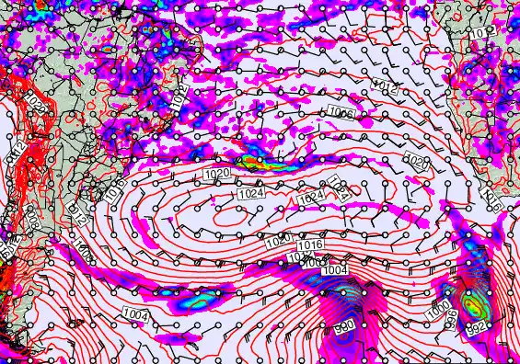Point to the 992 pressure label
pyautogui.click(x=475, y=326)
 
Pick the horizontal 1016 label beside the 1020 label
pyautogui.click(x=310, y=245)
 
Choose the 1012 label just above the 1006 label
pyautogui.click(x=387, y=87)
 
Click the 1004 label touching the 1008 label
pyautogui.click(x=336, y=268)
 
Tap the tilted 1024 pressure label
pyautogui.click(x=338, y=189)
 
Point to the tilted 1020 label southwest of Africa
pyautogui.click(x=416, y=164)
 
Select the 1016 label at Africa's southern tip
pyautogui.click(x=491, y=198)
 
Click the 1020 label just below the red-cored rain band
pyautogui.click(x=217, y=175)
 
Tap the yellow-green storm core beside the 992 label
pyautogui.click(x=473, y=306)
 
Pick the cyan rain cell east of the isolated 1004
pyautogui.click(x=199, y=299)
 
